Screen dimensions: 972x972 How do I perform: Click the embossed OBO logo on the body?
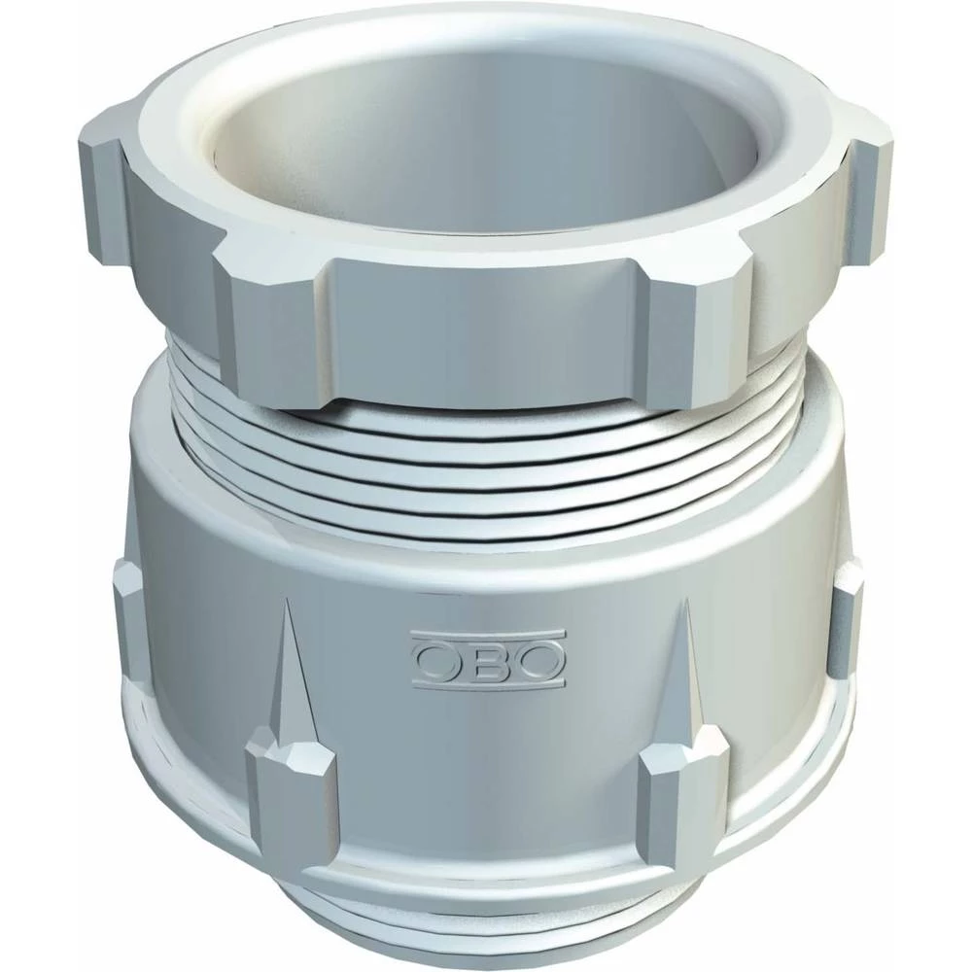point(487,659)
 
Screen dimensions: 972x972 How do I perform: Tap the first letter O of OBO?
point(434,661)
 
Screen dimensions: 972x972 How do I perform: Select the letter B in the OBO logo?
point(488,661)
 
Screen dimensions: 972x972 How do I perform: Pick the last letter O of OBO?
point(540,661)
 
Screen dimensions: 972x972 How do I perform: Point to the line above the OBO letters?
point(487,638)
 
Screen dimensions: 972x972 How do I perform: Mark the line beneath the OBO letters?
point(487,682)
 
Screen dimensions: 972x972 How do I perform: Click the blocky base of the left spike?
point(289,787)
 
